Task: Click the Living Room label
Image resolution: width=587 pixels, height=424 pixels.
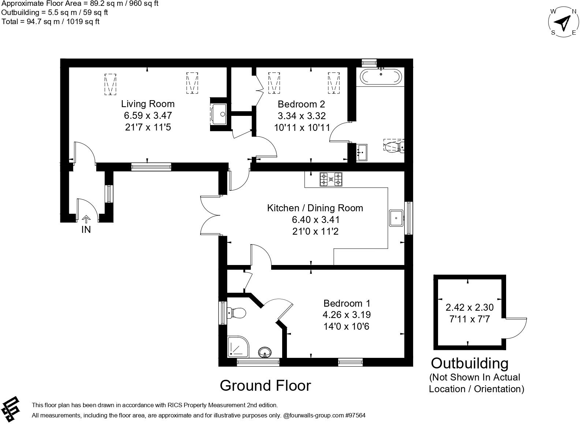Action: tap(148, 104)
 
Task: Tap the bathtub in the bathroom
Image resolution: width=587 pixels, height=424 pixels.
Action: tap(381, 77)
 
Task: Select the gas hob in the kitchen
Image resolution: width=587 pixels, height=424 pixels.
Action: tap(331, 179)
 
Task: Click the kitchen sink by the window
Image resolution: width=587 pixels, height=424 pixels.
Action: tap(396, 218)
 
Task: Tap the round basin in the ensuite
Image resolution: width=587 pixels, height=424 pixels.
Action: tap(265, 353)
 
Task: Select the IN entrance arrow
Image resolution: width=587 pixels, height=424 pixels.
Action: tap(86, 219)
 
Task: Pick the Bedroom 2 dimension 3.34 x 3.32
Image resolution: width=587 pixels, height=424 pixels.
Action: tap(302, 116)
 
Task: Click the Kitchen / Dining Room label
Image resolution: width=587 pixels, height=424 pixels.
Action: tap(315, 208)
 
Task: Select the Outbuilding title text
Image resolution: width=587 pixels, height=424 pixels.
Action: tap(470, 363)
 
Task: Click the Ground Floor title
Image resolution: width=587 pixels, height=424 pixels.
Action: tap(265, 386)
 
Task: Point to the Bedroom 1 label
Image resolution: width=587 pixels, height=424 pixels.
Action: tap(347, 303)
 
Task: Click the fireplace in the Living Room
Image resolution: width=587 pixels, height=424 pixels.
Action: tap(219, 114)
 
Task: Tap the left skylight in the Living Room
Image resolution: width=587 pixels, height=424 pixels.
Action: tap(110, 84)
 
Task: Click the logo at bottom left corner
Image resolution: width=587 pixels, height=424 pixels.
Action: tap(11, 409)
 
